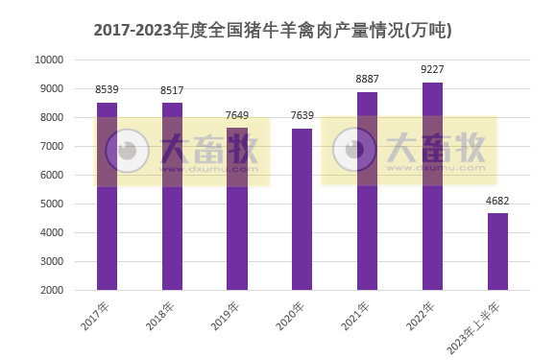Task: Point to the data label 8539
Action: tap(107, 89)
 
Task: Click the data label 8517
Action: tap(172, 90)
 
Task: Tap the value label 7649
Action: tap(237, 115)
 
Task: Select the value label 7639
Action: tap(302, 115)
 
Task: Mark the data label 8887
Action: tap(367, 80)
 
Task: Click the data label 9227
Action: tap(432, 69)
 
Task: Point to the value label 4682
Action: tap(497, 201)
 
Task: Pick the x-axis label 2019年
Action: tap(227, 316)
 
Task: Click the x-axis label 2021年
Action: tap(356, 316)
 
